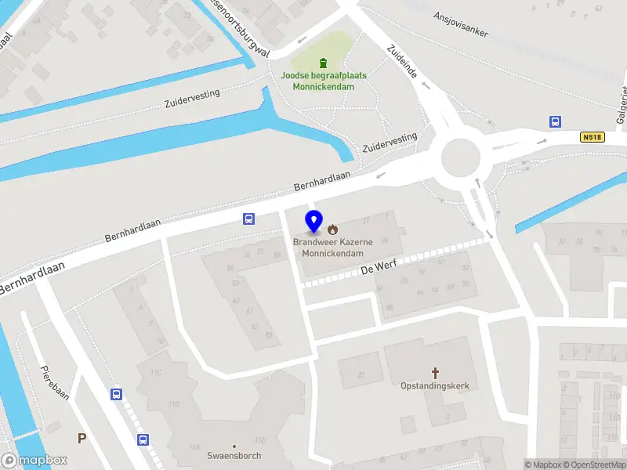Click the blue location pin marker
pyautogui.click(x=313, y=222)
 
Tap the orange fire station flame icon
pyautogui.click(x=333, y=230)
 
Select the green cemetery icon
pyautogui.click(x=322, y=63)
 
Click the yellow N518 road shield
pyautogui.click(x=593, y=137)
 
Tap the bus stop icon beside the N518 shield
pyautogui.click(x=555, y=121)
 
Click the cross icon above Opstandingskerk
pyautogui.click(x=436, y=374)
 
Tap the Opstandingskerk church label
pyautogui.click(x=436, y=386)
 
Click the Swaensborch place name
pyautogui.click(x=234, y=455)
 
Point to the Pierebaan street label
pyautogui.click(x=56, y=385)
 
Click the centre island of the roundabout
pyautogui.click(x=460, y=158)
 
